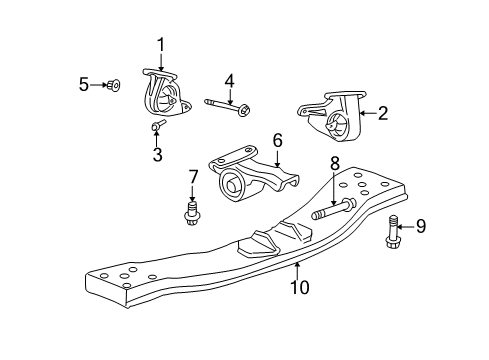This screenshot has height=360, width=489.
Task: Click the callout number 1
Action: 159,43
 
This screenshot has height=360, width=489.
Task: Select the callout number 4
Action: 229,79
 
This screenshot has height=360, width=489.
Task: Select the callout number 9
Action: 420,226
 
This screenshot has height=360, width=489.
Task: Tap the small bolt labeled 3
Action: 158,127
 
